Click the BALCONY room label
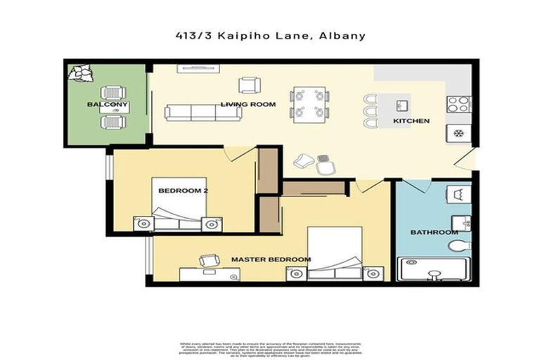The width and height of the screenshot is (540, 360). click(108, 105)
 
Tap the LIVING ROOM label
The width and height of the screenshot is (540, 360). click(247, 105)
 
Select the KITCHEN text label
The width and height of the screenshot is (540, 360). click(411, 121)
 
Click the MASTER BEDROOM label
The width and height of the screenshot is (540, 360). click(271, 259)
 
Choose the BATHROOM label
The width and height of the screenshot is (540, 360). click(435, 232)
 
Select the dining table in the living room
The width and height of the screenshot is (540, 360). click(310, 103)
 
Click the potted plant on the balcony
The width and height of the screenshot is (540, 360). click(80, 72)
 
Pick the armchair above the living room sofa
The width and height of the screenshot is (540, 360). click(248, 85)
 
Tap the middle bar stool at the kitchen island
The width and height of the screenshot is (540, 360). click(371, 111)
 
